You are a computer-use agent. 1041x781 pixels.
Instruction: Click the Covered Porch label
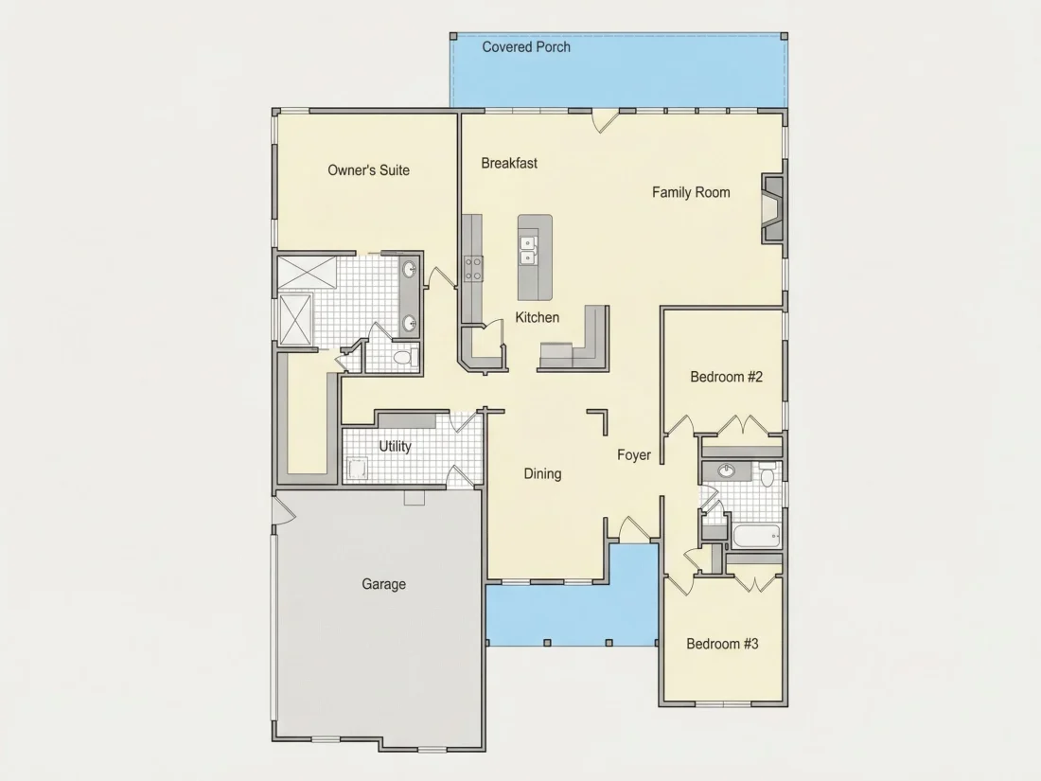[526, 47]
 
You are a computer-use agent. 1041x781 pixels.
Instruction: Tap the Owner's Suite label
[368, 170]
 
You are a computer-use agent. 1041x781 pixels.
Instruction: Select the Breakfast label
[509, 164]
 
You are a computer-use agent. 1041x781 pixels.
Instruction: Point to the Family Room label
[691, 192]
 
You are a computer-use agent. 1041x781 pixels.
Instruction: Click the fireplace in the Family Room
[772, 208]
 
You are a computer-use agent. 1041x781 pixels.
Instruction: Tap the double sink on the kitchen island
[528, 250]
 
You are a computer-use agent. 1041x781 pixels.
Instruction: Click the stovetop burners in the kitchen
[472, 269]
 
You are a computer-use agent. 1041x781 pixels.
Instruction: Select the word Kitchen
[538, 317]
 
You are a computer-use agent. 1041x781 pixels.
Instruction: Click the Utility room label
[395, 446]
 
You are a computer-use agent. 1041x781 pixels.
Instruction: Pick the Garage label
[383, 584]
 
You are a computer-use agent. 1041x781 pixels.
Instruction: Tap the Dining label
[542, 474]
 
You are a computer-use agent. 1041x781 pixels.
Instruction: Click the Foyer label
[634, 455]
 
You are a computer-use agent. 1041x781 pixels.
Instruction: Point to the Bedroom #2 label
[726, 377]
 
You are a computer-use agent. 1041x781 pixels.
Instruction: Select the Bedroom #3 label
[722, 644]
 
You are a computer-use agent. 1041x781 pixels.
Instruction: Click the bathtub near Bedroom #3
[756, 536]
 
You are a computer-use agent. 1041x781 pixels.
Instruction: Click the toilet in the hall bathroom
[768, 475]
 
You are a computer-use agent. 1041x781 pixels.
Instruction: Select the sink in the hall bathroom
[726, 470]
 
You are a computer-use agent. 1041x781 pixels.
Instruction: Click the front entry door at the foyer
[634, 528]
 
